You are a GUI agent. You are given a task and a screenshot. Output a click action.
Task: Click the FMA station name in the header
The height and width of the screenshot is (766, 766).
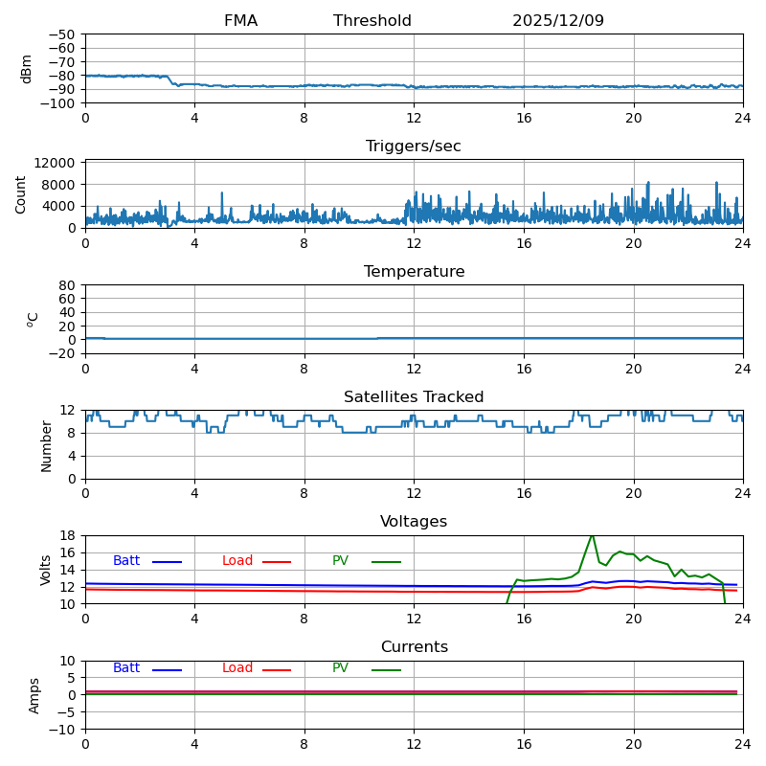click(x=240, y=21)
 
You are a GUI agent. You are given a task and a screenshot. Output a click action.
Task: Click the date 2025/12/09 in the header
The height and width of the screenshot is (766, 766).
click(x=558, y=21)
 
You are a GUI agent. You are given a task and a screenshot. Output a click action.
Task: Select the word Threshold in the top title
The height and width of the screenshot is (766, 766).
click(x=372, y=21)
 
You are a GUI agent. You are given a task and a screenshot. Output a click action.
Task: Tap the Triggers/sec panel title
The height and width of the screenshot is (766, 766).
click(x=414, y=146)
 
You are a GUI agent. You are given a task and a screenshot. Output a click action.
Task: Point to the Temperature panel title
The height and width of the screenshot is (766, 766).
click(x=414, y=272)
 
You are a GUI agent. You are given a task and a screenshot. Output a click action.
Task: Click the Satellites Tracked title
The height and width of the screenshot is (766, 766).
click(x=414, y=397)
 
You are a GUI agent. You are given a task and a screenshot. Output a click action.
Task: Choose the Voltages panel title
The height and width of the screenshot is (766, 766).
click(x=414, y=522)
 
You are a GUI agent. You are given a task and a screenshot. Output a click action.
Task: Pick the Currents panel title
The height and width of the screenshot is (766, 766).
click(x=414, y=647)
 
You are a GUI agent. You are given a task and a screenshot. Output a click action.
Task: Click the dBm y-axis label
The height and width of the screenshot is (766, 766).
click(x=27, y=69)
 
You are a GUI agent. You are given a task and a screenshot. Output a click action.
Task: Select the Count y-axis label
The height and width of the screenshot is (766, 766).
click(x=21, y=194)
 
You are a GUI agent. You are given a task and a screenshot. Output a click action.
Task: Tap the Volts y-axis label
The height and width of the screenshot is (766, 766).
click(x=46, y=570)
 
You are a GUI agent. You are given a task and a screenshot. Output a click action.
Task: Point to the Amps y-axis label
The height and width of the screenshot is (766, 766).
click(x=34, y=695)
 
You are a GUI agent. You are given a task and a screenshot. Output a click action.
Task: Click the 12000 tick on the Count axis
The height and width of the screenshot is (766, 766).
click(x=56, y=164)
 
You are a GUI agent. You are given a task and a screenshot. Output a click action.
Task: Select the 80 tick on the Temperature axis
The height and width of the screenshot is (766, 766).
click(x=68, y=285)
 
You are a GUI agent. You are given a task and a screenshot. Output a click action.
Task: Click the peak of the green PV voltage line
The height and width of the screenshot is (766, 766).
click(x=592, y=535)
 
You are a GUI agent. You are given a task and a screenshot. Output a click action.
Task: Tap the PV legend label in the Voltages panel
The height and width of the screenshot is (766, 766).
click(x=341, y=561)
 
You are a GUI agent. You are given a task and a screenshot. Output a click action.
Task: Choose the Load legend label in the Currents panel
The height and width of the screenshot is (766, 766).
click(x=237, y=668)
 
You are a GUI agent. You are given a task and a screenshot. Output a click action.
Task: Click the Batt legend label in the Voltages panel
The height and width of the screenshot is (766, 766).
click(x=126, y=561)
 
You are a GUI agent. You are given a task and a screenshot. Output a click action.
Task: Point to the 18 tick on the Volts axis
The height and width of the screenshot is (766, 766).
click(x=68, y=536)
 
